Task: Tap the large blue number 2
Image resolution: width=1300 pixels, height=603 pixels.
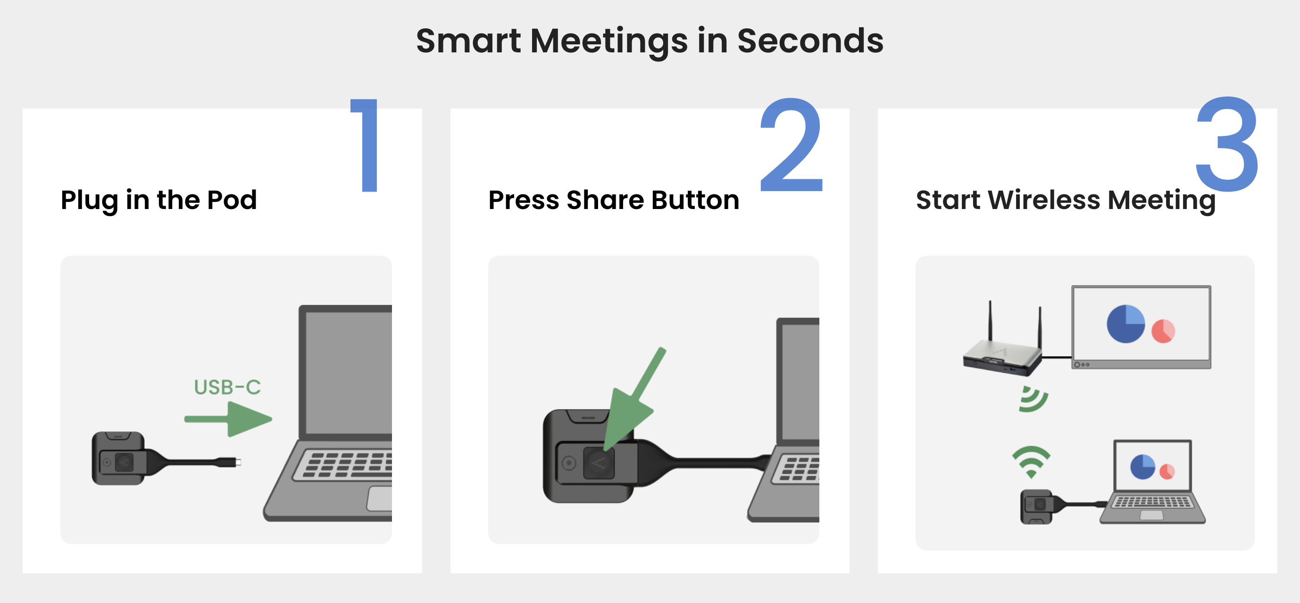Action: coord(792,145)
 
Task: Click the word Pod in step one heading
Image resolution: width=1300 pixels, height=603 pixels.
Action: coord(232,200)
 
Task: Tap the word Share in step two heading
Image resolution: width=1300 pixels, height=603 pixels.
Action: coord(605,200)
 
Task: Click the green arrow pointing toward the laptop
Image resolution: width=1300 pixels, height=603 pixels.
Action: coord(228,419)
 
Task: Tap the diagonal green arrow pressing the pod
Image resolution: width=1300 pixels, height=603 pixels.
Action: coord(634,399)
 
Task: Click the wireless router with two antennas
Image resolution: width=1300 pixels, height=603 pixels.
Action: coord(1002,348)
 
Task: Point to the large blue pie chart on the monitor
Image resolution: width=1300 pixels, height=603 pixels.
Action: coord(1125,324)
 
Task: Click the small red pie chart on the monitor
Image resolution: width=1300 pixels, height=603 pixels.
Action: coord(1163,331)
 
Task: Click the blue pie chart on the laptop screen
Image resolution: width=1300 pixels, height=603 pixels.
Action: coord(1142,467)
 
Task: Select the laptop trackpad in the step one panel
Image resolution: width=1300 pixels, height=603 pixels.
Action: coord(380,499)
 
